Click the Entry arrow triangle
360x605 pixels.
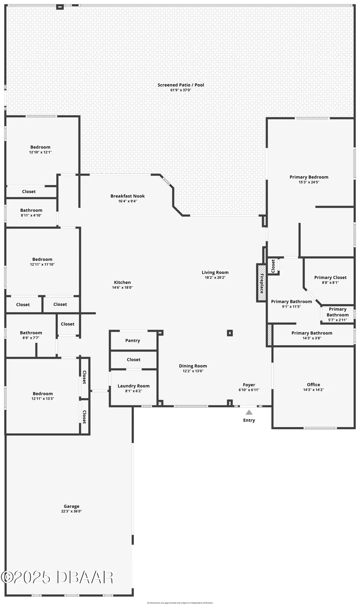pos(249,412)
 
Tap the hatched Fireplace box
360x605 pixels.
pos(262,283)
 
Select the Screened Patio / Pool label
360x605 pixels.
pos(181,85)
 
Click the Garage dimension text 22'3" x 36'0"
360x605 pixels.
pos(71,511)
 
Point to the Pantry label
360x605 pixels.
pos(132,341)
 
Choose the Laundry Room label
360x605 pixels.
pos(134,386)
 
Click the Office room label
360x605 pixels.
pos(313,385)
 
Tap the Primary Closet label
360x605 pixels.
pos(330,277)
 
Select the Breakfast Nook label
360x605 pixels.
pos(128,196)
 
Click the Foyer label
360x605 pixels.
pos(249,385)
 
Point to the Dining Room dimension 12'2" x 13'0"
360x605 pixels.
pos(193,371)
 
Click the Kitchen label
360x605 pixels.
pos(122,282)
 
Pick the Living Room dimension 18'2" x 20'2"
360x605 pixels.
pos(215,277)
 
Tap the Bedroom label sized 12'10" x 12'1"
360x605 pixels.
pos(40,147)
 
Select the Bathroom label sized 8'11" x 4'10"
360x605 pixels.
pos(31,210)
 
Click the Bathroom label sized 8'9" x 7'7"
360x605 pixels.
pos(31,333)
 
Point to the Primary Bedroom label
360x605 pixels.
pos(309,177)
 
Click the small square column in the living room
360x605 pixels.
pos(230,333)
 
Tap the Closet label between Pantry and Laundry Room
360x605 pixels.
pos(134,360)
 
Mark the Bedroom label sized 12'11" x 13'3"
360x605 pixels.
pos(43,394)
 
